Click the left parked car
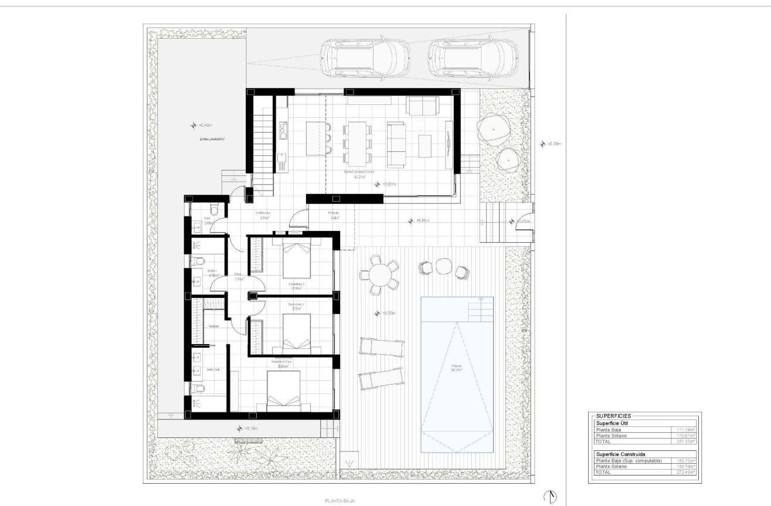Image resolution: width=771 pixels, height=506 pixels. [x=364, y=59]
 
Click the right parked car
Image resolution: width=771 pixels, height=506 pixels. [x=473, y=59]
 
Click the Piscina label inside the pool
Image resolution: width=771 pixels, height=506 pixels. [x=457, y=369]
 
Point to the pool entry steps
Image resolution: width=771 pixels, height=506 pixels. [x=479, y=308]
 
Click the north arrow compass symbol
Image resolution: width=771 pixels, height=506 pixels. [x=550, y=497]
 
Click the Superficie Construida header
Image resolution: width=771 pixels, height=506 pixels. [x=621, y=454]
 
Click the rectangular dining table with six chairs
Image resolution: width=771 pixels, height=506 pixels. [x=356, y=144]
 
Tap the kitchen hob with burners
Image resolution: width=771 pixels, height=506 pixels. [x=283, y=130]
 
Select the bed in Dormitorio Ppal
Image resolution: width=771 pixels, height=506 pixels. [x=284, y=392]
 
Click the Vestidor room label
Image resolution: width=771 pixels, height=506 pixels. [x=214, y=327]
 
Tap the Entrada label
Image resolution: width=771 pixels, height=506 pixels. [x=333, y=213]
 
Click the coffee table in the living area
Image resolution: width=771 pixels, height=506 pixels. [x=425, y=145]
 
